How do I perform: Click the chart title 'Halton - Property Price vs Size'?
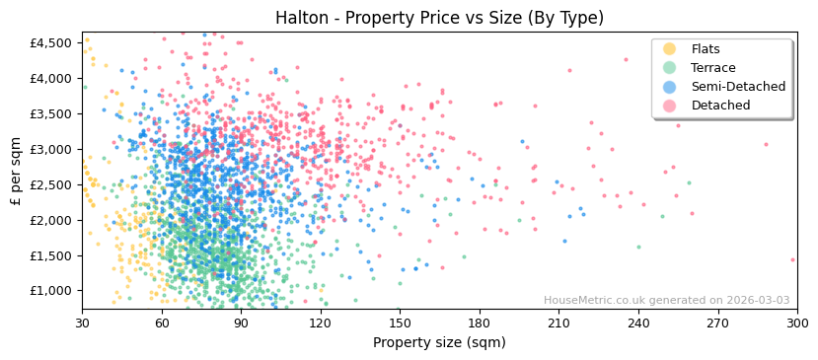click(x=439, y=18)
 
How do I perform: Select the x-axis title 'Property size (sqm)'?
click(x=439, y=342)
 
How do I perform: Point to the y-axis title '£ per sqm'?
click(x=16, y=171)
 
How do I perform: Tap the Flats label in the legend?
click(x=705, y=49)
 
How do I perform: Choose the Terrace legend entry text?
click(x=712, y=68)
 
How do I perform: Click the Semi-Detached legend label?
click(x=738, y=87)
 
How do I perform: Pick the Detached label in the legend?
click(x=720, y=106)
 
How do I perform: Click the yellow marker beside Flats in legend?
click(x=669, y=49)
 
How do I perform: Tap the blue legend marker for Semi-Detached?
click(x=669, y=87)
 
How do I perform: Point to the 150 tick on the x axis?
click(x=400, y=323)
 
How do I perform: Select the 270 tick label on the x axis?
click(x=717, y=323)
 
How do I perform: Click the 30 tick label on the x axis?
click(x=83, y=323)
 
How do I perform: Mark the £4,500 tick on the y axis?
click(x=49, y=42)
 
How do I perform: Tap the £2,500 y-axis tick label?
click(x=49, y=184)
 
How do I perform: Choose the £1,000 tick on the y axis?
click(x=49, y=291)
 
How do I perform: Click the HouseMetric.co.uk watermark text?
click(x=666, y=301)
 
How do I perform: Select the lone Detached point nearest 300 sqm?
click(x=792, y=260)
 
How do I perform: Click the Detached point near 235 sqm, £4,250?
click(x=626, y=59)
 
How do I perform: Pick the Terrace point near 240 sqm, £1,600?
click(x=638, y=248)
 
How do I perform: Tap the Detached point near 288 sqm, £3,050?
click(x=765, y=145)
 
